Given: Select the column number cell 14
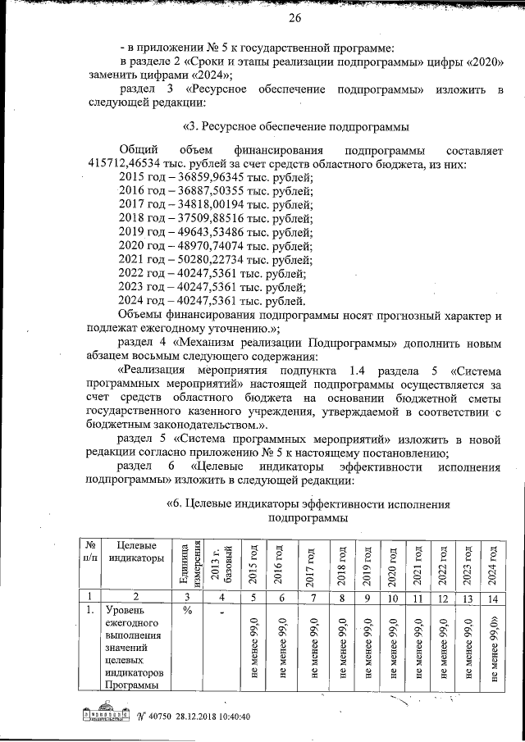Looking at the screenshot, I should coord(492,597).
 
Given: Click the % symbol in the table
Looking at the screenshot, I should coord(187,611).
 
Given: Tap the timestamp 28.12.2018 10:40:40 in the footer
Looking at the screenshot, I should coord(206,716).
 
